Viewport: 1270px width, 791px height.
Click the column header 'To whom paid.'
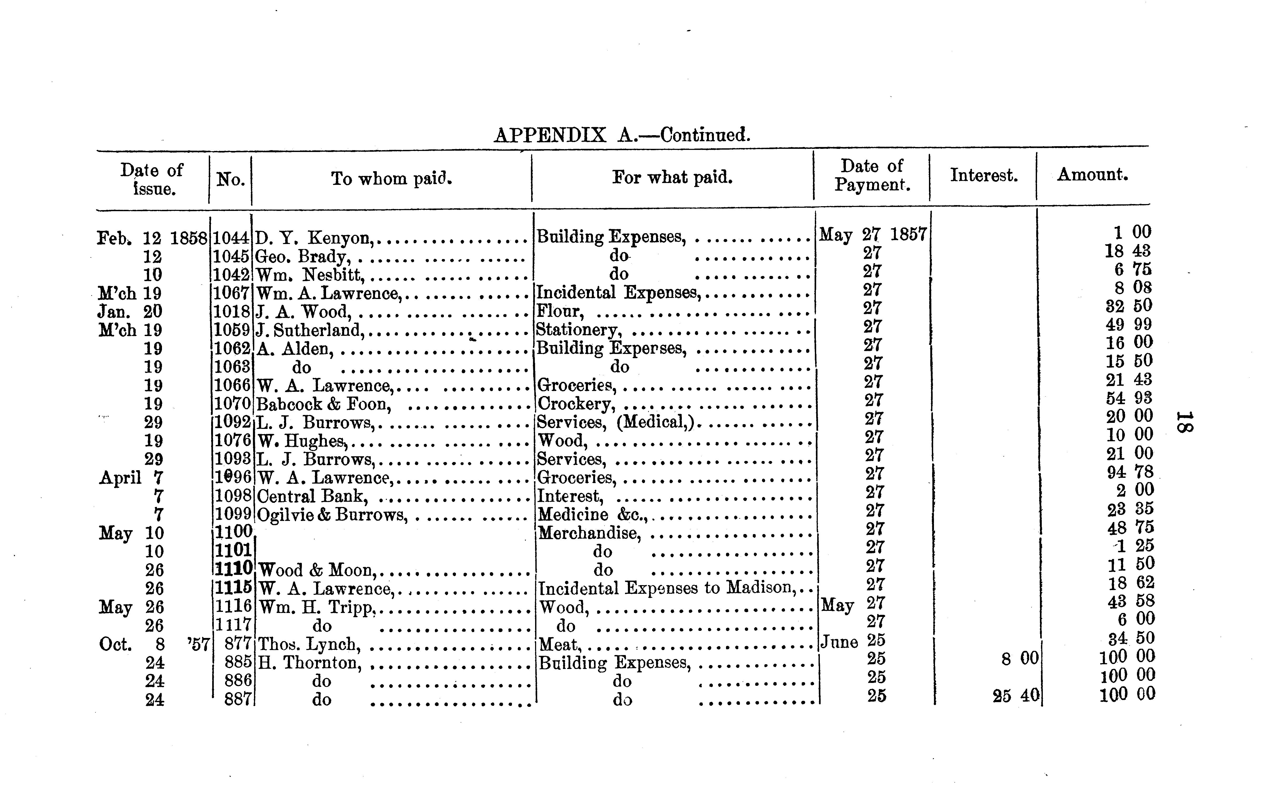391,179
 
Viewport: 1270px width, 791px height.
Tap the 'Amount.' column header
1092,174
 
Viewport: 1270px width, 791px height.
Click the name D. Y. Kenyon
314,238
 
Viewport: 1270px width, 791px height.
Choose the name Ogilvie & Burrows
332,515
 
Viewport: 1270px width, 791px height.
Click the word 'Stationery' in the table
578,330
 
